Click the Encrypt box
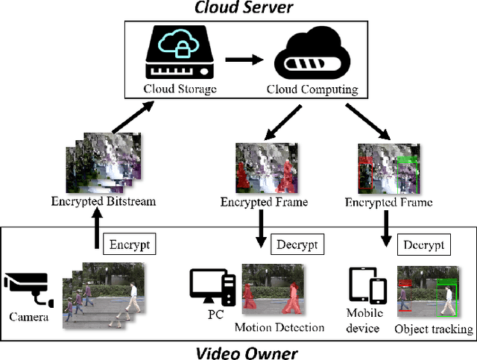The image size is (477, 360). pyautogui.click(x=130, y=244)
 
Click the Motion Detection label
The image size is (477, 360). pyautogui.click(x=279, y=328)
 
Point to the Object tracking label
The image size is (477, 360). pyautogui.click(x=434, y=329)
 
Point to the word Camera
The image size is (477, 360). pyautogui.click(x=28, y=317)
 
